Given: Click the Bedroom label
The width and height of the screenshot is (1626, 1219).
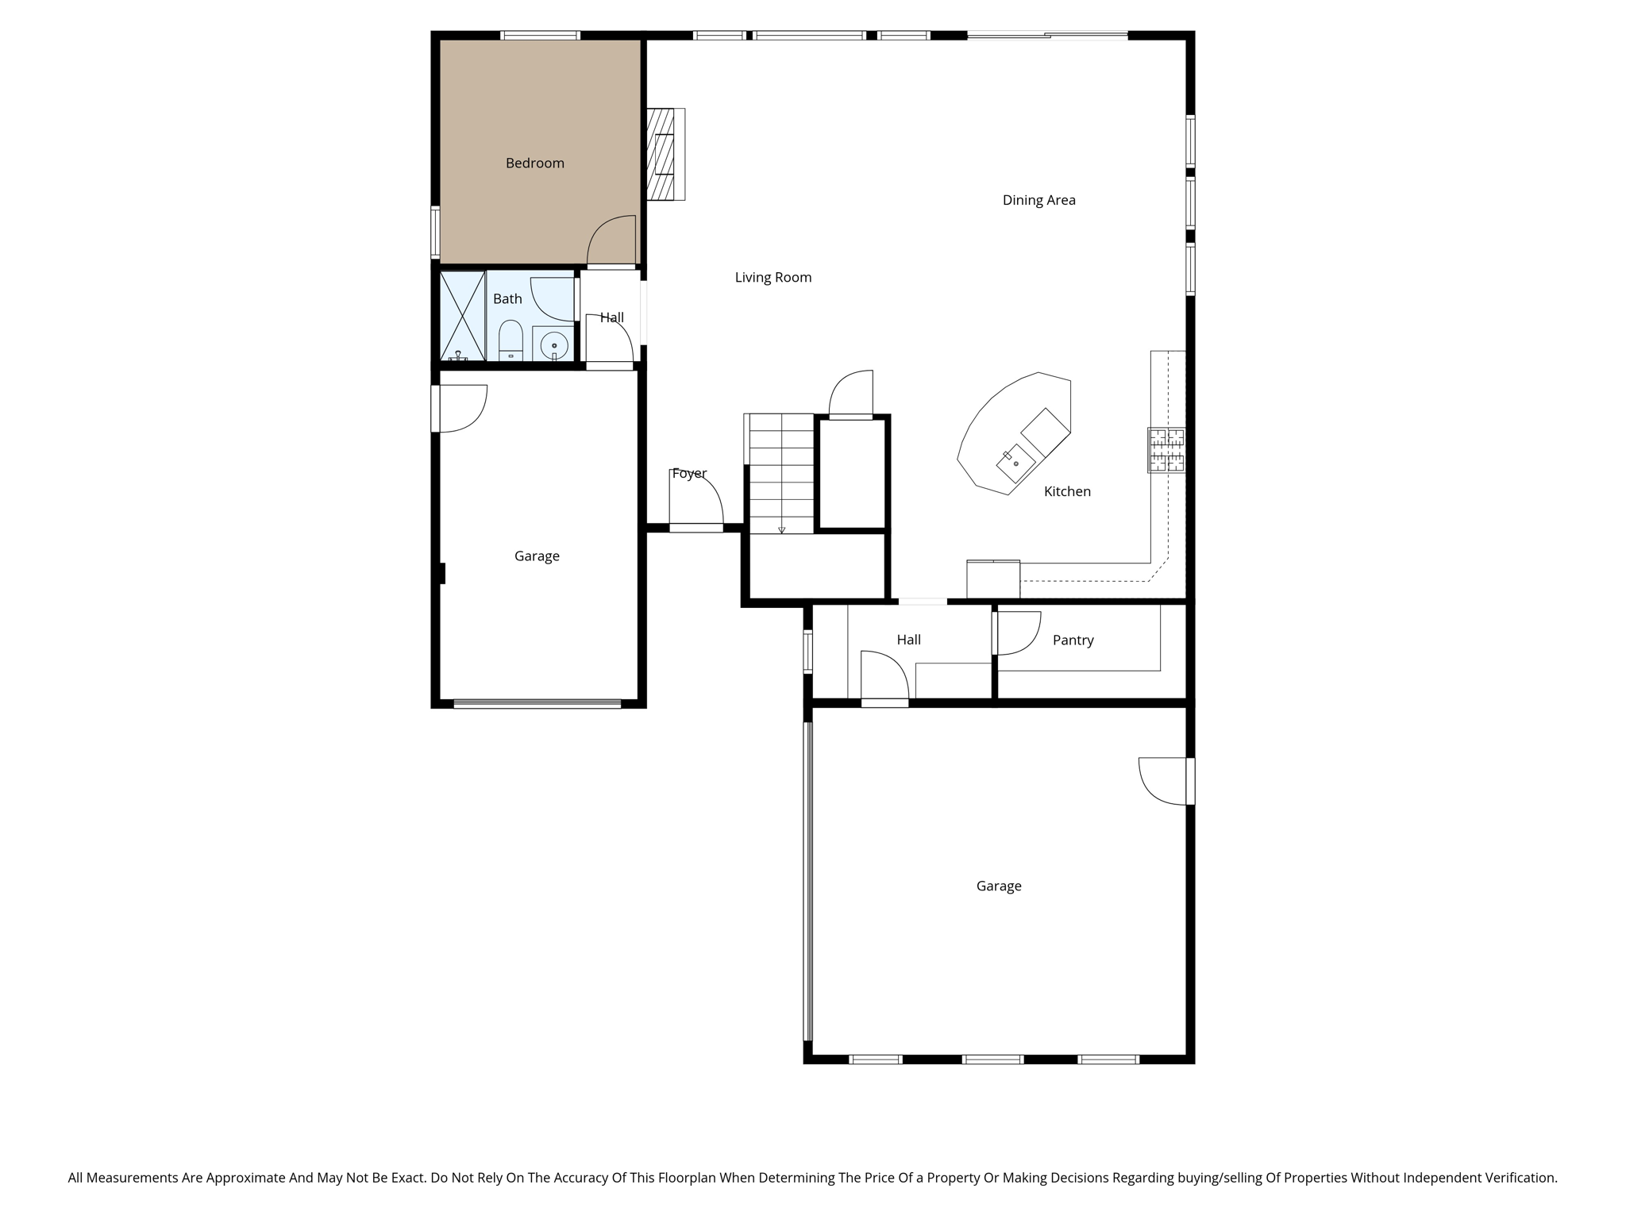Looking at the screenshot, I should click(x=534, y=163).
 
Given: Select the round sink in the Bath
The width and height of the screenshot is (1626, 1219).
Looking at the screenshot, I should click(x=553, y=345).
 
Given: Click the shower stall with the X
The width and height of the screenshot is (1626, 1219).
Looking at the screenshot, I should click(x=462, y=316).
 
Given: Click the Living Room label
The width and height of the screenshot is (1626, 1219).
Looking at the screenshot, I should click(x=773, y=278).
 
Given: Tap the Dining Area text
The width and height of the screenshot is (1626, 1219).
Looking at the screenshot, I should click(x=1038, y=201).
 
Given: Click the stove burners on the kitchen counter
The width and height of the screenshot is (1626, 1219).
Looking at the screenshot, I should click(x=1166, y=450).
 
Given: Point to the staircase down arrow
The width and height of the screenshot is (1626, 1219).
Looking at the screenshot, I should click(x=781, y=529).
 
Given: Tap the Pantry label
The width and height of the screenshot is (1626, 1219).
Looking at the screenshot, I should click(x=1073, y=640).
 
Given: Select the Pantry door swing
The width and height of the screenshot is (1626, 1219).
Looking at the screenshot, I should click(x=1018, y=633).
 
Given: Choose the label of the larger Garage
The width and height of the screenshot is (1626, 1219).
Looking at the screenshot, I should click(x=998, y=886).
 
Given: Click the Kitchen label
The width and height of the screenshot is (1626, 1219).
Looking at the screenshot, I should click(x=1066, y=492).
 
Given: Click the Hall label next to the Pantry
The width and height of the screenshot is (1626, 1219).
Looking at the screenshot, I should click(x=908, y=640).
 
